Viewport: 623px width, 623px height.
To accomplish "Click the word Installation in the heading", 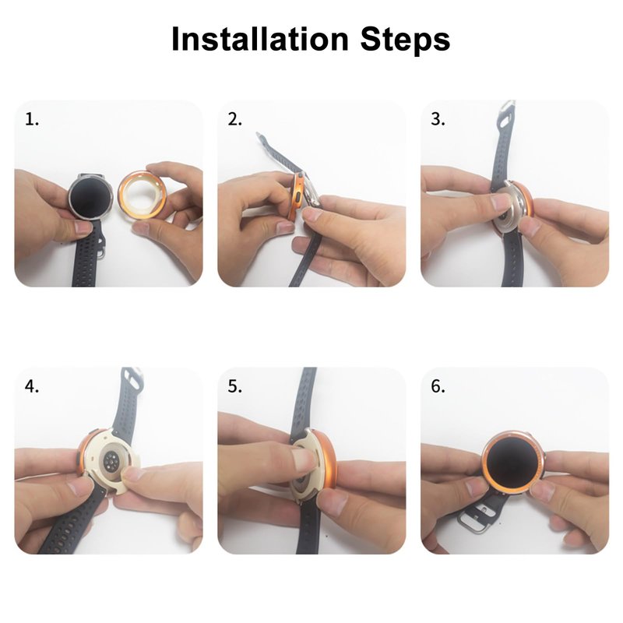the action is [x=260, y=39].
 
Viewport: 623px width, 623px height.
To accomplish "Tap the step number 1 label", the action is [x=32, y=119].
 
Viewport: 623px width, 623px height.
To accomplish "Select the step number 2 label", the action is [x=234, y=119].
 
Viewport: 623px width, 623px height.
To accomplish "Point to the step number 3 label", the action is [x=438, y=119].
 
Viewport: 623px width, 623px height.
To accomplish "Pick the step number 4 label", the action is [x=32, y=386].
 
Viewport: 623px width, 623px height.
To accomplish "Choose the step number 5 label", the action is [x=234, y=386].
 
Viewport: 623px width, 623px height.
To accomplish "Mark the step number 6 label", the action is [x=438, y=386].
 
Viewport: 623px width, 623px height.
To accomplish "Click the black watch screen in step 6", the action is [x=512, y=461].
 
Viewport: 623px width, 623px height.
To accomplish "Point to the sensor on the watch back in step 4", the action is [x=113, y=460].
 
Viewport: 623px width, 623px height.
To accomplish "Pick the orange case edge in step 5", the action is [x=329, y=461].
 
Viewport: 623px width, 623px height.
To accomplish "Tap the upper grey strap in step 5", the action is [x=304, y=401].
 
